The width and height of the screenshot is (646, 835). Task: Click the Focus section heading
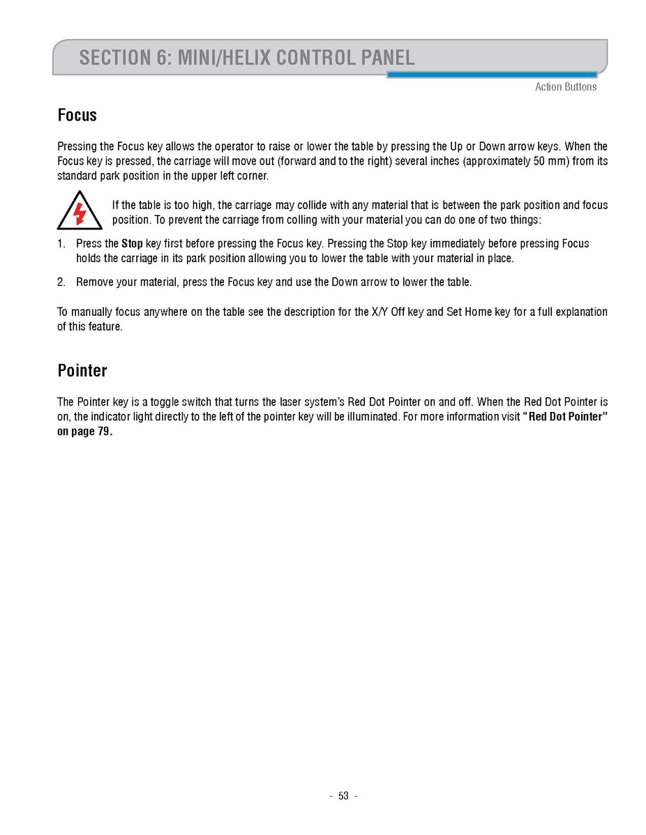(x=77, y=115)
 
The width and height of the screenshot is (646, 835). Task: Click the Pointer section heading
(x=82, y=371)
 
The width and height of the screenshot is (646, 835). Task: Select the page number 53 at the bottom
(x=343, y=796)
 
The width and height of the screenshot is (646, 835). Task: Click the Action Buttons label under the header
(x=566, y=87)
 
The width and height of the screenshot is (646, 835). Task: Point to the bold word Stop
(x=132, y=244)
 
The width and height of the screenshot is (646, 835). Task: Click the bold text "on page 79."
(x=84, y=431)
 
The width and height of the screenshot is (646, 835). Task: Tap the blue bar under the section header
(x=492, y=75)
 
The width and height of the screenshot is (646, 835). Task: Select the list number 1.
(x=61, y=244)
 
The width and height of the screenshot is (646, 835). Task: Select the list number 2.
(x=61, y=282)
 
